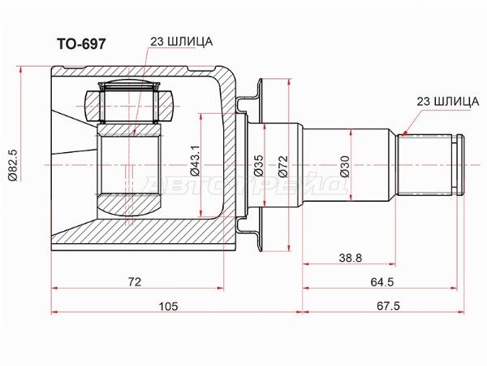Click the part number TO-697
point(81,44)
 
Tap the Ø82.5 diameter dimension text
point(14,165)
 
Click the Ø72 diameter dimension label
point(283,167)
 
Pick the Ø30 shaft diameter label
point(344,167)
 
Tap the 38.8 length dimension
point(351,258)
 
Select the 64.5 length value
point(381,282)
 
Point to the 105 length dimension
point(169,306)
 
